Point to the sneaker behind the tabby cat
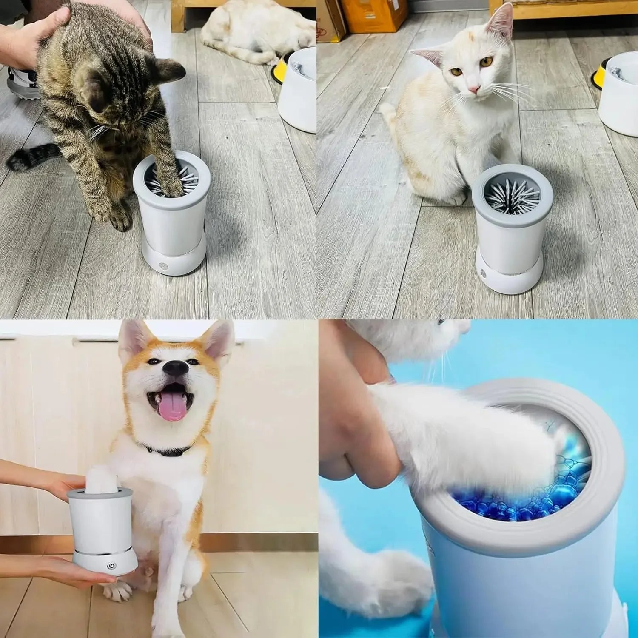[21, 83]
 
